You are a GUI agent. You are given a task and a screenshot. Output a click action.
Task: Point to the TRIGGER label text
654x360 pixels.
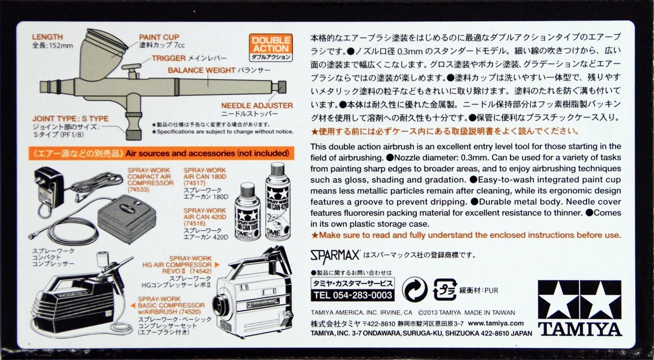[x=168, y=58]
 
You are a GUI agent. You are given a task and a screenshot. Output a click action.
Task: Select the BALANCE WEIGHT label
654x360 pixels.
[x=202, y=70]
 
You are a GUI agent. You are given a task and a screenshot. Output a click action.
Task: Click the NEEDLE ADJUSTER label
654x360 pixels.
[x=257, y=105]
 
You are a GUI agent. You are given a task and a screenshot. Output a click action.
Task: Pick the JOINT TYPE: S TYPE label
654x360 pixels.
[x=70, y=119]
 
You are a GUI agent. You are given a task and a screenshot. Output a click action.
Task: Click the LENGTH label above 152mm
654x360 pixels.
[x=47, y=37]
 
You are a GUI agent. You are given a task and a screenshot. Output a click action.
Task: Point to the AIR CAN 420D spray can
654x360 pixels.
[x=278, y=201]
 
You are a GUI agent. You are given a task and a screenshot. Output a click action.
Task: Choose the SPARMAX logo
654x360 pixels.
[x=335, y=255]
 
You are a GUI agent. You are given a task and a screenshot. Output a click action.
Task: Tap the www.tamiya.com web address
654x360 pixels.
[x=495, y=324]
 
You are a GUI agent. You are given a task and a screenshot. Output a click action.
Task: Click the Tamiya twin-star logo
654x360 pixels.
[x=580, y=308]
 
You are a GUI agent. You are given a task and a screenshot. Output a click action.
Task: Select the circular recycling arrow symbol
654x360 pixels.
[x=415, y=289]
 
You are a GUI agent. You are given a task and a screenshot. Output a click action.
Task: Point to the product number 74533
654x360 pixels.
[x=139, y=190]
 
